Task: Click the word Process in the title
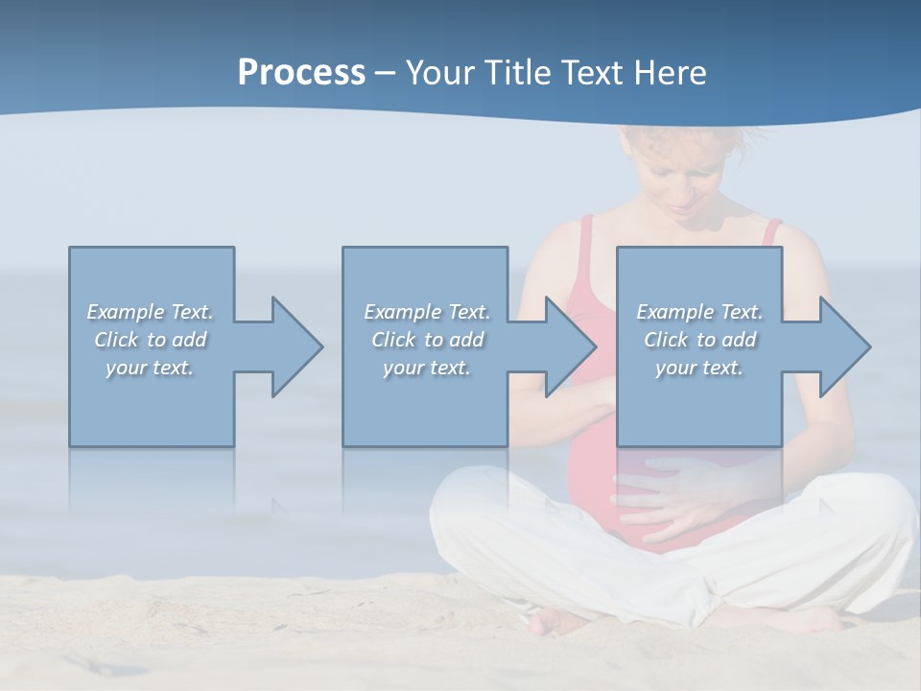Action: click(x=301, y=73)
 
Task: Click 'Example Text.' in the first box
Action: click(x=151, y=312)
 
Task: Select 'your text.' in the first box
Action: click(x=151, y=368)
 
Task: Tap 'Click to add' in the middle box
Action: click(x=427, y=340)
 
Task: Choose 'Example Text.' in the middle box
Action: click(x=427, y=312)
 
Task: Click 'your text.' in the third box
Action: click(x=699, y=368)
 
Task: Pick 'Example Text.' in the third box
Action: click(x=699, y=312)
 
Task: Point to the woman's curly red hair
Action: click(x=672, y=144)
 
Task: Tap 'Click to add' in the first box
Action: click(x=151, y=340)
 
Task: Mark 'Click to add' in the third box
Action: click(x=699, y=340)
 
